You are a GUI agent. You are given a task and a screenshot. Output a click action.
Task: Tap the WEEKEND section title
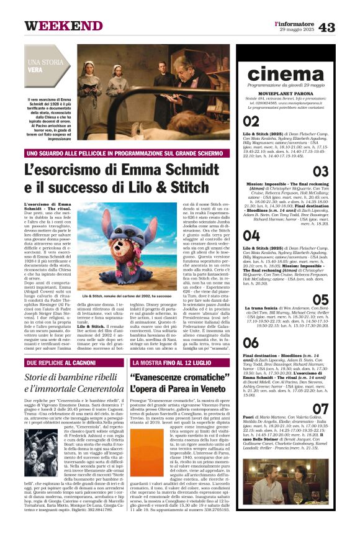[x=63, y=25]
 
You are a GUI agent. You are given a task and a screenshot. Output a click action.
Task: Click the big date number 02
[x=251, y=121]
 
